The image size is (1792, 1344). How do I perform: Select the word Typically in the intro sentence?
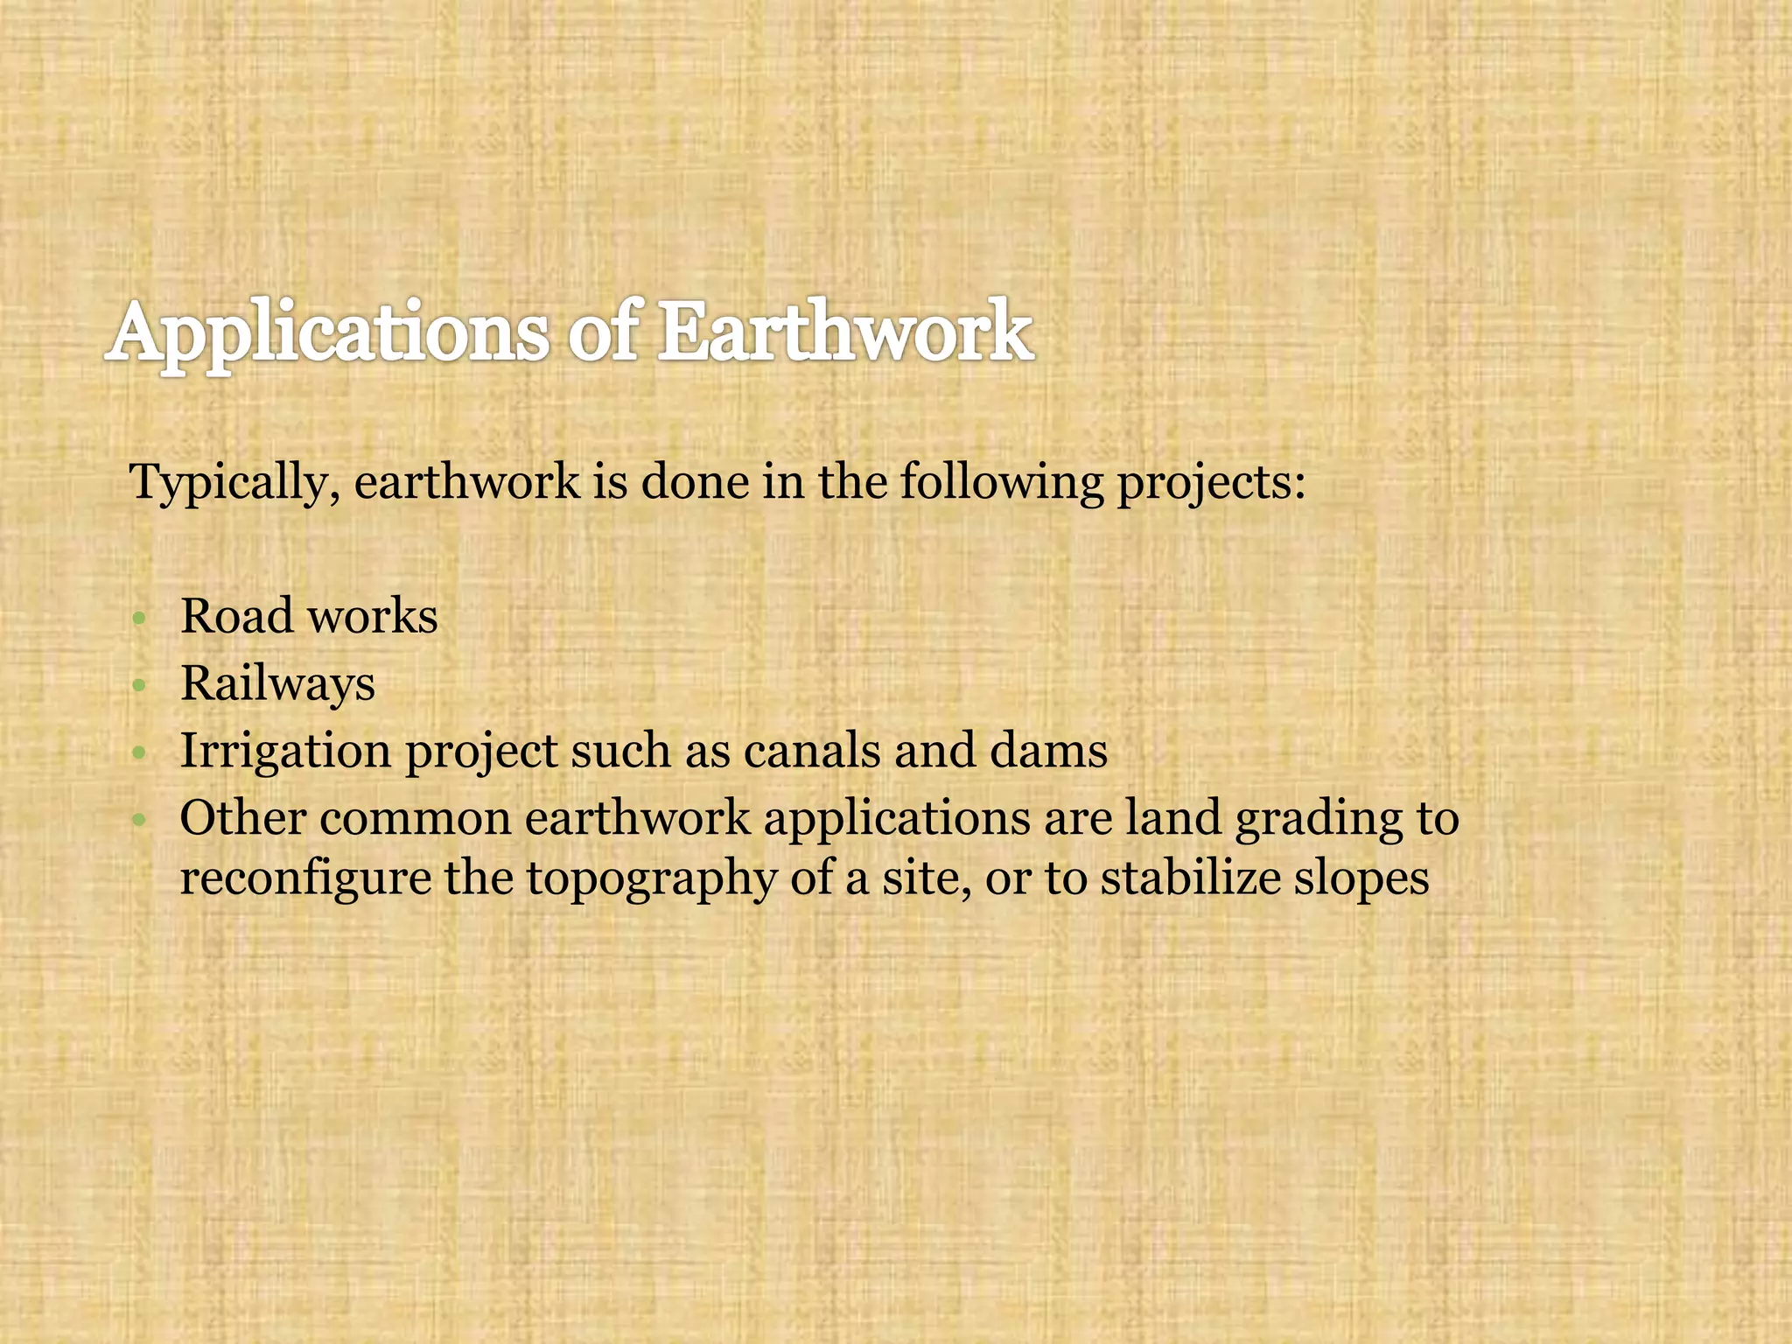click(x=228, y=483)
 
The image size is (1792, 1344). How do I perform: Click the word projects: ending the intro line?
click(x=1211, y=483)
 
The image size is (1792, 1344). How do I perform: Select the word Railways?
click(x=277, y=684)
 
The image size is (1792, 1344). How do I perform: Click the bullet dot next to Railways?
click(x=138, y=686)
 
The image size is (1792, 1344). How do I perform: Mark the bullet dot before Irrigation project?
click(x=138, y=753)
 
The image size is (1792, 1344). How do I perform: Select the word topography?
click(x=651, y=878)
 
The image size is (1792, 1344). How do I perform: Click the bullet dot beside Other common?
click(x=138, y=821)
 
